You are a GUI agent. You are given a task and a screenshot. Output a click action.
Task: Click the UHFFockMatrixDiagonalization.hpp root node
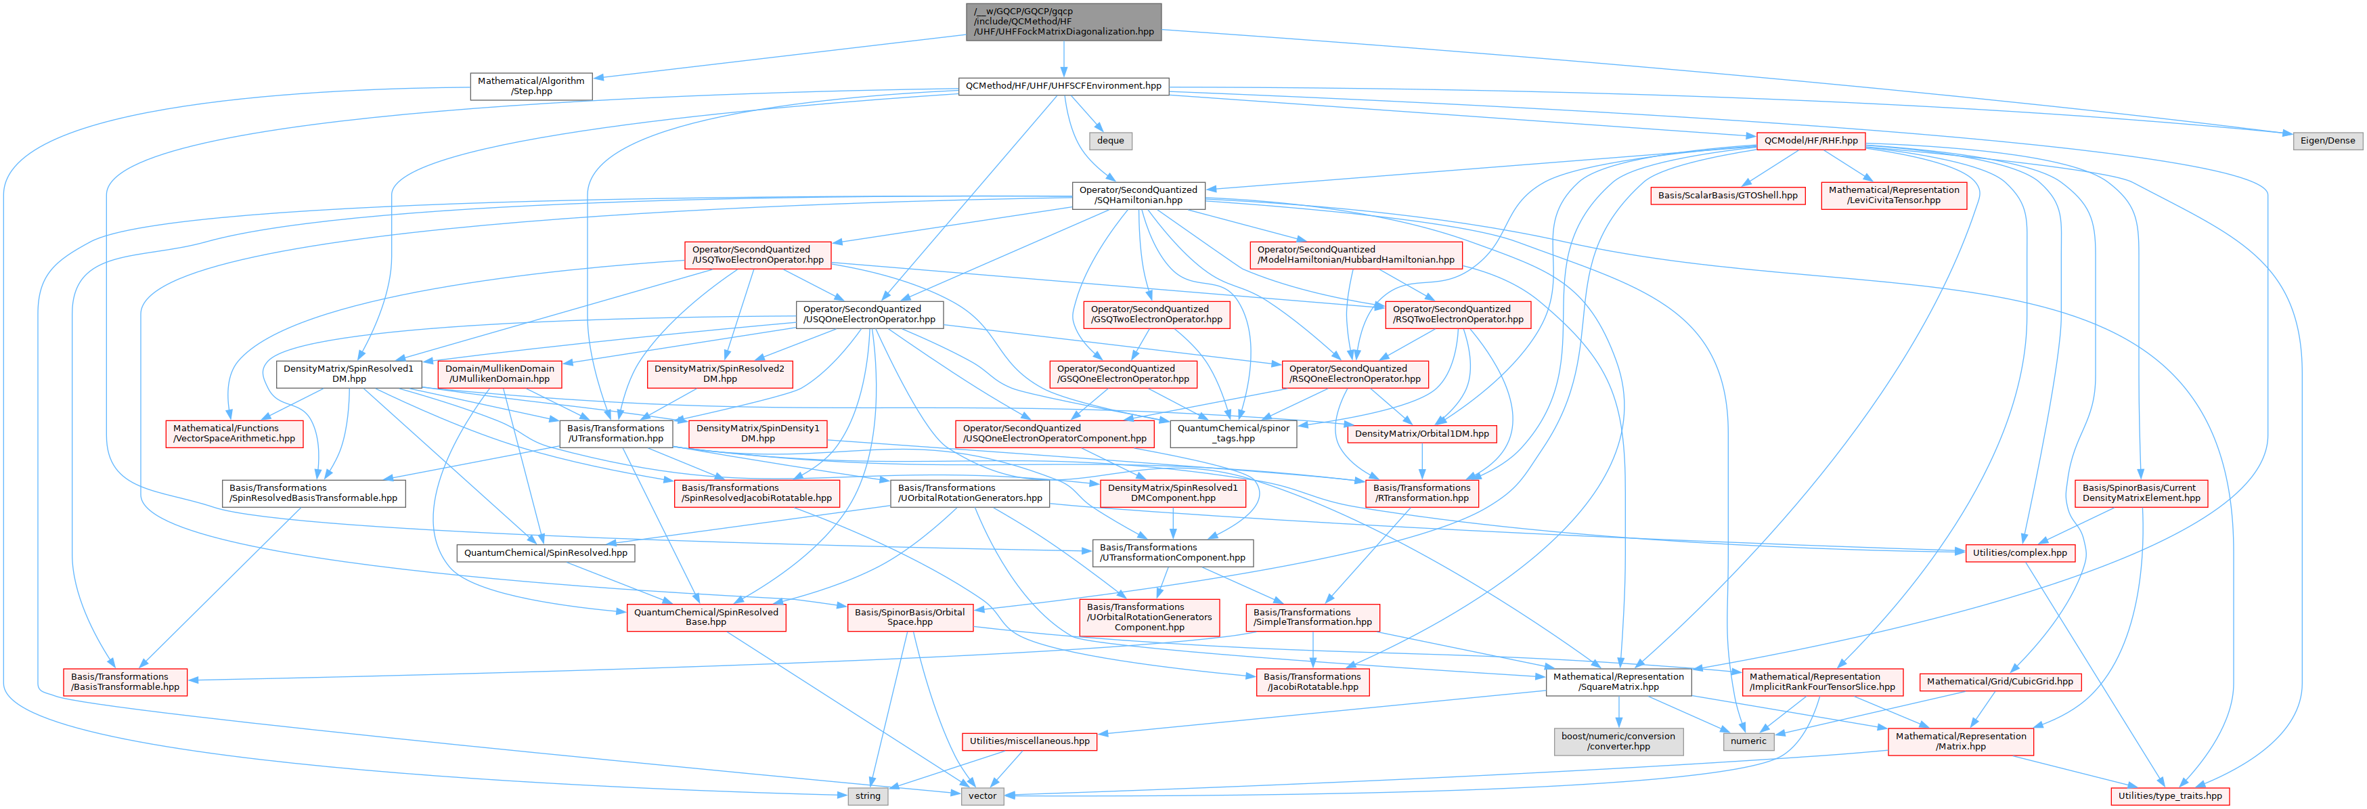pyautogui.click(x=1063, y=21)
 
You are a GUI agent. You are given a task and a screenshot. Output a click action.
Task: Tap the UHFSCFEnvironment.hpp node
pyautogui.click(x=1063, y=85)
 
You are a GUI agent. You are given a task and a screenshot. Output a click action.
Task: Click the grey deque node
pyautogui.click(x=1110, y=141)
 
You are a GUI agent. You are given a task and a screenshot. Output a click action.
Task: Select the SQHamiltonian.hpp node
pyautogui.click(x=1138, y=195)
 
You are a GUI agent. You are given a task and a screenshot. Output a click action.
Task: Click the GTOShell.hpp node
pyautogui.click(x=1727, y=195)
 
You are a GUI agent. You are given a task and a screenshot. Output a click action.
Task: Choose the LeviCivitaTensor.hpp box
pyautogui.click(x=1894, y=195)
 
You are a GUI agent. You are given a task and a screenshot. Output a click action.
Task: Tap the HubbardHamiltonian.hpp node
pyautogui.click(x=1355, y=255)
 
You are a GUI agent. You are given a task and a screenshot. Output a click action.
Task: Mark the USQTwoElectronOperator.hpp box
pyautogui.click(x=757, y=255)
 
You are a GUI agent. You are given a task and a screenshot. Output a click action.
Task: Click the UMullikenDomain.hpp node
pyautogui.click(x=499, y=373)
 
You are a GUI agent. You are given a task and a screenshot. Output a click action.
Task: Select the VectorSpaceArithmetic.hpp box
pyautogui.click(x=234, y=433)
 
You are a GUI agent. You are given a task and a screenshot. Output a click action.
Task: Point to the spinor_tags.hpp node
pyautogui.click(x=1233, y=433)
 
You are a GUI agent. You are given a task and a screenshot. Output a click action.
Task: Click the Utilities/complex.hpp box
pyautogui.click(x=2018, y=552)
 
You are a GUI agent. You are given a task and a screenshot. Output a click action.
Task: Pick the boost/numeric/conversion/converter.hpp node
pyautogui.click(x=1618, y=741)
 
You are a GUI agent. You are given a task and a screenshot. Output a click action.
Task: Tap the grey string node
pyautogui.click(x=868, y=796)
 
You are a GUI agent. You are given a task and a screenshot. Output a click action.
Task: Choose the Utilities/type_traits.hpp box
pyautogui.click(x=2169, y=796)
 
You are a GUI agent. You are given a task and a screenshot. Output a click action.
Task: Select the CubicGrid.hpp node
pyautogui.click(x=1999, y=681)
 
